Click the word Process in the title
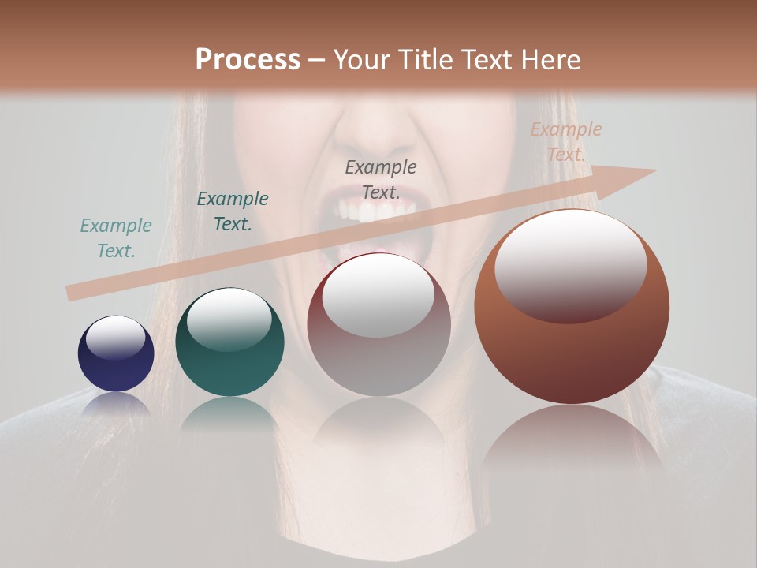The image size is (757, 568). coord(248,60)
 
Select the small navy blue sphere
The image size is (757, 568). coord(116,354)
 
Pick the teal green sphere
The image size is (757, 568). coord(229,343)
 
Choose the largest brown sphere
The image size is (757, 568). coord(572,308)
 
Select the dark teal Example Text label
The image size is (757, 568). coord(232,211)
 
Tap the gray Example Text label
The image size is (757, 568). coord(381,180)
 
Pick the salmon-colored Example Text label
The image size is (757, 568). coord(565,142)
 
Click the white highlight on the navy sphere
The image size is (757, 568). coord(116,338)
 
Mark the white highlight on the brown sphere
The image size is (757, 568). coord(570,266)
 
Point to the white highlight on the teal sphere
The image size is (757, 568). coord(229,320)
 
